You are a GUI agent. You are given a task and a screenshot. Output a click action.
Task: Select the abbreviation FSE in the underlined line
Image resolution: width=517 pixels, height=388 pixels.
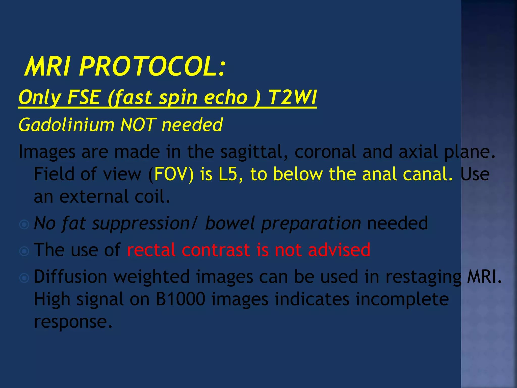click(x=83, y=98)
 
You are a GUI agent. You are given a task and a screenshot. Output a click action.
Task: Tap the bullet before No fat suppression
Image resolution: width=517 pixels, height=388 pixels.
click(x=24, y=224)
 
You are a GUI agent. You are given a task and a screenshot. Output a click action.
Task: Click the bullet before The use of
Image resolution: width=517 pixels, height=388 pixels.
click(x=24, y=251)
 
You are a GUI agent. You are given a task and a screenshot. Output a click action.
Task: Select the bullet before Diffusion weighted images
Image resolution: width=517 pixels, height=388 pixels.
click(x=24, y=278)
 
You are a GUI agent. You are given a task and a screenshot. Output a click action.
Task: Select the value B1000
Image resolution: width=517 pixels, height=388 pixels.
click(x=180, y=299)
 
